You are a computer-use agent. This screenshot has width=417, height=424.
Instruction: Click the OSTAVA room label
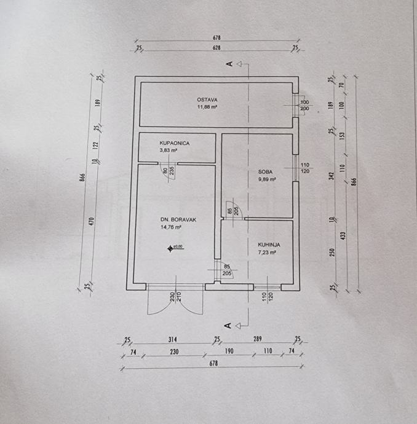tap(207, 100)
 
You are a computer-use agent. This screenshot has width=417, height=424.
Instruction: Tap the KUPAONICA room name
tap(174, 143)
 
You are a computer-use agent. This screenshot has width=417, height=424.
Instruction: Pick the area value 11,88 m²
tap(207, 106)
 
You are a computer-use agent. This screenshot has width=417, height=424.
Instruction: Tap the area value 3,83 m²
tap(169, 149)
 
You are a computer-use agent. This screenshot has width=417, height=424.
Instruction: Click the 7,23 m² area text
tap(266, 251)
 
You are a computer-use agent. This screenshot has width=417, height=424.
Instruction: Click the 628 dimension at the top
tap(216, 47)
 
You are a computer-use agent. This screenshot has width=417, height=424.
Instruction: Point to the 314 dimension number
tap(173, 339)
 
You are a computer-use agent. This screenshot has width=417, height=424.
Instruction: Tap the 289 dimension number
tap(257, 339)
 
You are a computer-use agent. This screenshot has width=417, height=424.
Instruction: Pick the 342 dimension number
tap(332, 176)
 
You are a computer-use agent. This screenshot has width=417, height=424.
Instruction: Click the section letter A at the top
tap(228, 63)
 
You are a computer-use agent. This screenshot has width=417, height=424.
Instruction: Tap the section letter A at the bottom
tap(228, 324)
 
